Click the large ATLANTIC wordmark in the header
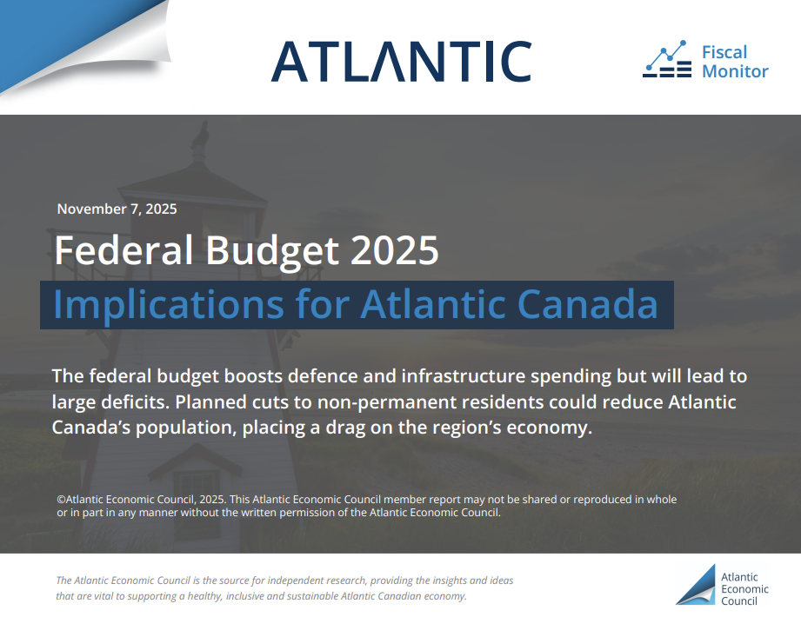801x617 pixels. pyautogui.click(x=402, y=61)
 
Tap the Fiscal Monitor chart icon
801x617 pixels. pyautogui.click(x=667, y=59)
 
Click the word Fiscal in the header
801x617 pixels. pyautogui.click(x=724, y=52)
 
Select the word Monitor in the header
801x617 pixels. pyautogui.click(x=735, y=71)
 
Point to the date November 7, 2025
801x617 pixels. pyautogui.click(x=117, y=209)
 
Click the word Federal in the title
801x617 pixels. pyautogui.click(x=123, y=250)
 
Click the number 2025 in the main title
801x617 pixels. pyautogui.click(x=395, y=250)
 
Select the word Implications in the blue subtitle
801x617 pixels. pyautogui.click(x=169, y=305)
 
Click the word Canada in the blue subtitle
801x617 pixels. pyautogui.click(x=587, y=304)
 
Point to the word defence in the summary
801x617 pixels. pyautogui.click(x=323, y=375)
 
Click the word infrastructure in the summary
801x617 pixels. pyautogui.click(x=464, y=375)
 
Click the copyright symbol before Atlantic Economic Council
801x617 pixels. pyautogui.click(x=61, y=500)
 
